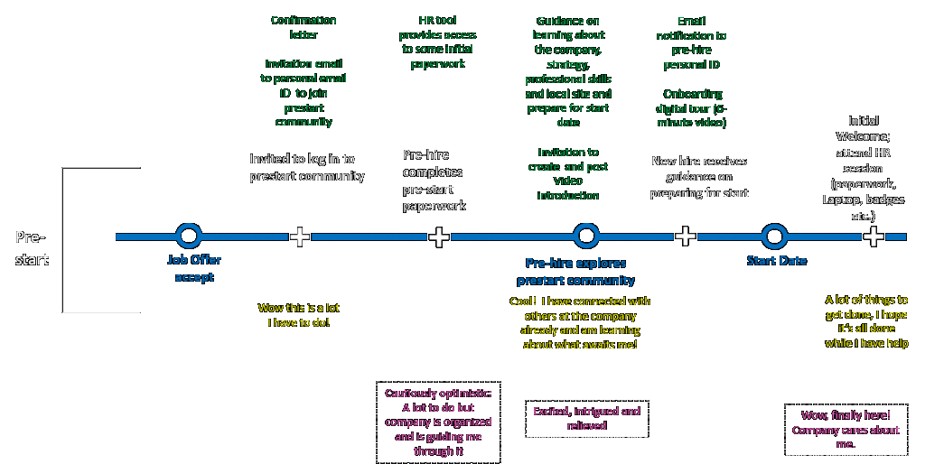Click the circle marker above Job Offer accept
coord(188,237)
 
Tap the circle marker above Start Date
coord(774,237)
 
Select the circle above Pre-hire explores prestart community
coord(586,237)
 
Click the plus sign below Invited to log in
coord(300,237)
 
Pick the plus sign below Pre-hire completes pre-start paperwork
coord(439,237)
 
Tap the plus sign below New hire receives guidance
coord(686,237)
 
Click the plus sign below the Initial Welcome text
coord(874,237)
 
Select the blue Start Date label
coord(776,261)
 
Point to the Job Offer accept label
coord(194,268)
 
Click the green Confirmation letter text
coord(304,27)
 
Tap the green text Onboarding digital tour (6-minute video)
coord(693,107)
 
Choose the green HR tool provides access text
coord(438,42)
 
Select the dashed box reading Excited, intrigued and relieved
coord(586,419)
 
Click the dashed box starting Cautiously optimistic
coord(438,422)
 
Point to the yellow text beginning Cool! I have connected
coord(580,323)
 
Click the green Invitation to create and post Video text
coord(568,173)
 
